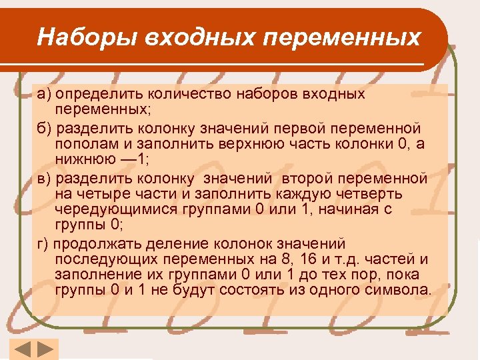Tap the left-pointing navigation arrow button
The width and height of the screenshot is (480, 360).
(x=21, y=349)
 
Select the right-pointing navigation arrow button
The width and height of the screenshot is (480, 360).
(x=45, y=349)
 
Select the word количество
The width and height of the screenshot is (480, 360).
(x=173, y=93)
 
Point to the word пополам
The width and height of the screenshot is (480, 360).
(x=87, y=143)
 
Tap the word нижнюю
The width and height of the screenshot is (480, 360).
(x=83, y=159)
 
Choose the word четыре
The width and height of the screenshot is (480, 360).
(x=102, y=193)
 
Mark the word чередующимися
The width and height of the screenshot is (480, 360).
(x=114, y=209)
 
